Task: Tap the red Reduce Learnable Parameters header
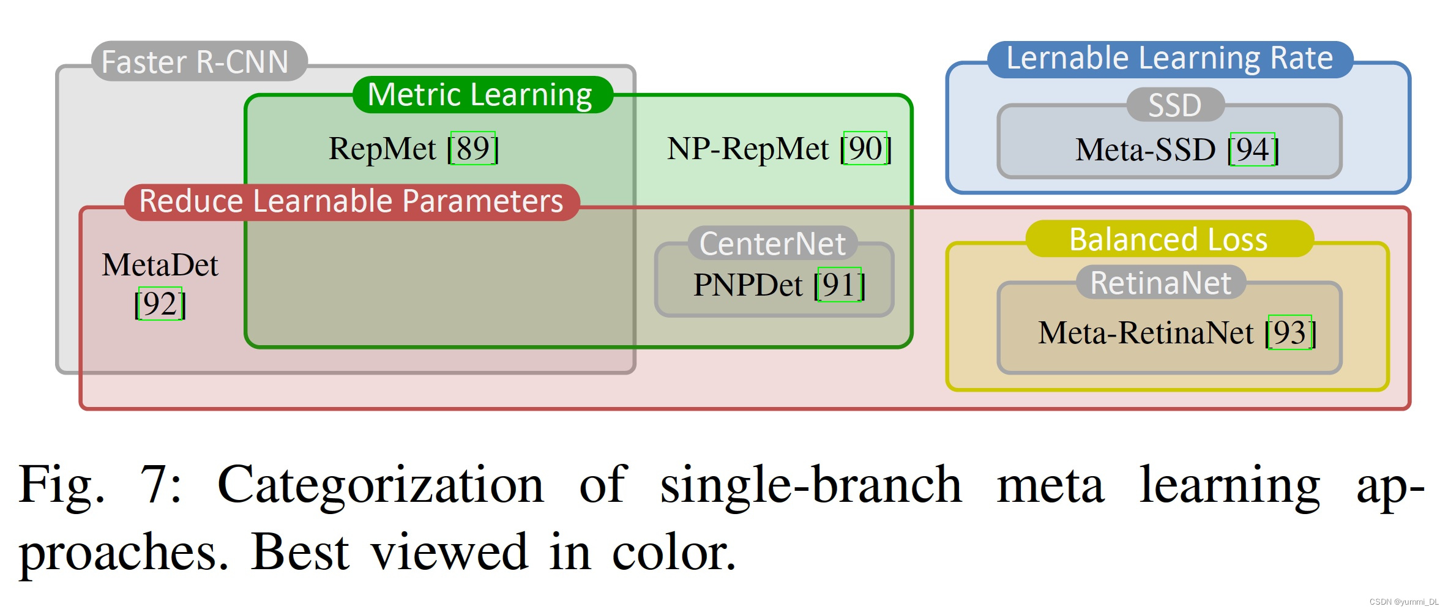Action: pyautogui.click(x=351, y=201)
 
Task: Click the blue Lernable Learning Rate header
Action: pyautogui.click(x=1170, y=59)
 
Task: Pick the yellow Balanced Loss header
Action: pyautogui.click(x=1168, y=239)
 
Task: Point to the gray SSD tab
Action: pyautogui.click(x=1175, y=105)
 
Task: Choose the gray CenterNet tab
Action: pyautogui.click(x=772, y=244)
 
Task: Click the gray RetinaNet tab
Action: pyautogui.click(x=1160, y=283)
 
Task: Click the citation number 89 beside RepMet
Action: pyautogui.click(x=472, y=148)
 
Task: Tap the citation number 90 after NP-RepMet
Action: pyautogui.click(x=865, y=148)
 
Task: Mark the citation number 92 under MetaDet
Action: pyautogui.click(x=160, y=304)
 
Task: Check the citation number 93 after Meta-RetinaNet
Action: pyautogui.click(x=1289, y=332)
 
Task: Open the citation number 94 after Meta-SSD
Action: pyautogui.click(x=1252, y=149)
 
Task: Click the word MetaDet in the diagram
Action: pyautogui.click(x=160, y=265)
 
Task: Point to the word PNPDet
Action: pyautogui.click(x=747, y=285)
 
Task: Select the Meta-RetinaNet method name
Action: pyautogui.click(x=1146, y=333)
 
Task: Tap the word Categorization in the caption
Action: pyautogui.click(x=380, y=485)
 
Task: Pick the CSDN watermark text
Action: pyautogui.click(x=1403, y=602)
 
